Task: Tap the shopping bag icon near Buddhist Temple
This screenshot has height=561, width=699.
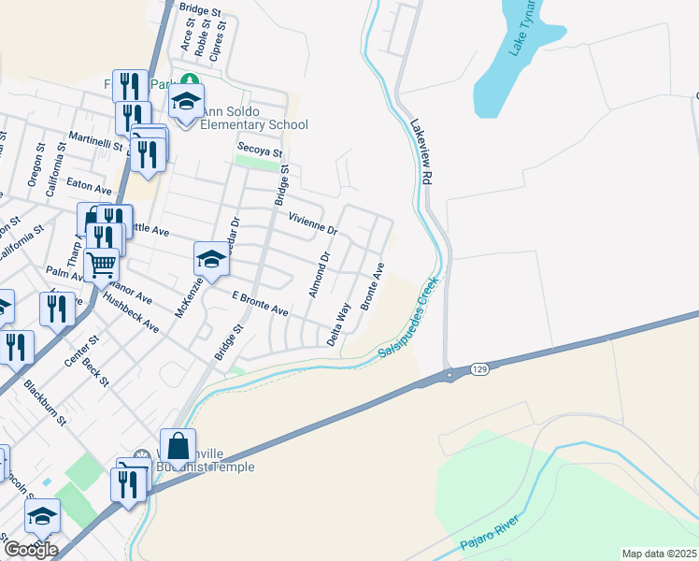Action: (178, 446)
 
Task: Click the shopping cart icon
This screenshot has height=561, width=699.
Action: (101, 265)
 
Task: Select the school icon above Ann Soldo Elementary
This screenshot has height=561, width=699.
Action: (187, 101)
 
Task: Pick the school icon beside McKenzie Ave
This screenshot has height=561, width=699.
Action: (212, 260)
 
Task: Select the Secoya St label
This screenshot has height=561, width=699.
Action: (260, 149)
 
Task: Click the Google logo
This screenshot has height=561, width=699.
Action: (30, 549)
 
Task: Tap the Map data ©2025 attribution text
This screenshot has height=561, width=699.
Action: (659, 554)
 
